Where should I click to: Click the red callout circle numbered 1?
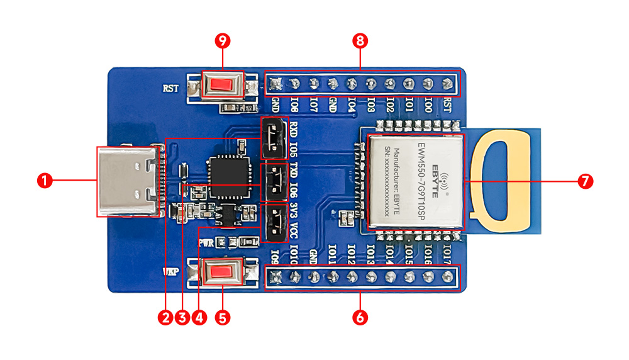43,181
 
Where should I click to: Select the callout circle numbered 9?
222,41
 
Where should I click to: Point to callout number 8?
360,41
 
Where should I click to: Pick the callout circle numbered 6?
360,318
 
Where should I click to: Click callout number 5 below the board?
222,318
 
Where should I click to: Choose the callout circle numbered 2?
165,318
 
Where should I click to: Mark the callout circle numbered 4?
199,318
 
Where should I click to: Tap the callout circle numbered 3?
182,318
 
